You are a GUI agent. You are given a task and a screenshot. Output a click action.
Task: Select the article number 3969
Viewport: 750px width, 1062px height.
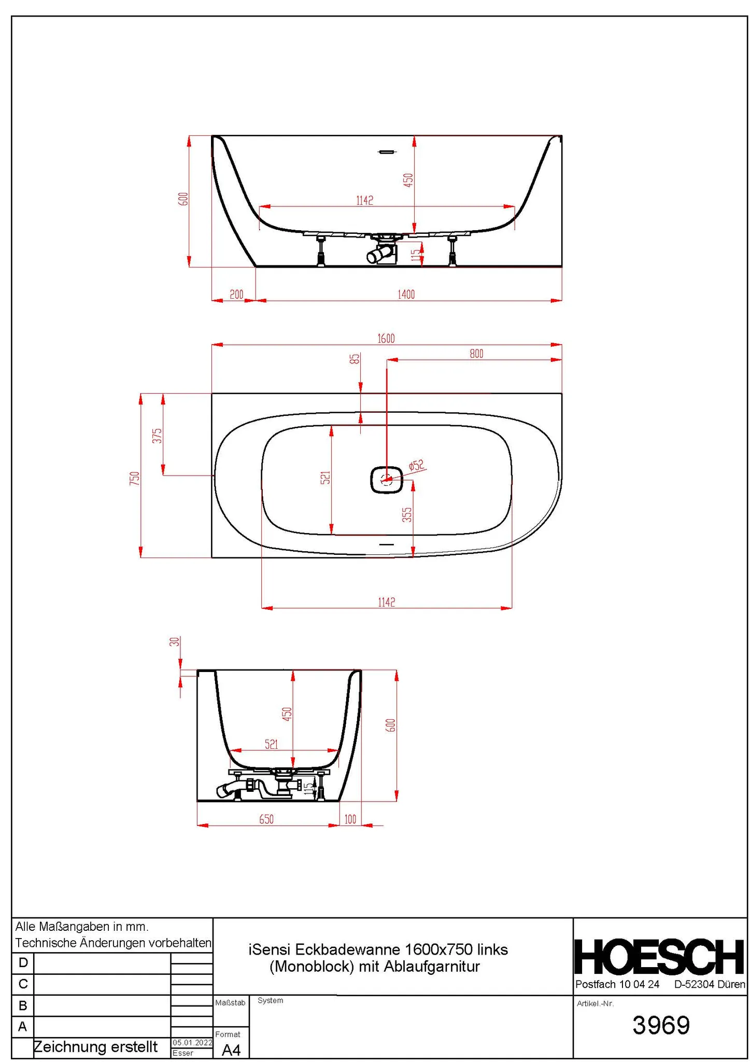click(x=661, y=1025)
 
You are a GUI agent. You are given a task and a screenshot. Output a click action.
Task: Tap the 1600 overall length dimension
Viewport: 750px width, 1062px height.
click(x=386, y=339)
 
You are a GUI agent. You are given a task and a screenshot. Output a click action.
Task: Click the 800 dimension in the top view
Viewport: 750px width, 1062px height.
click(x=476, y=354)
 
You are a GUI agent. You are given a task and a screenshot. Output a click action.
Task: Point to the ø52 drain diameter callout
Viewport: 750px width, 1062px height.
click(x=417, y=465)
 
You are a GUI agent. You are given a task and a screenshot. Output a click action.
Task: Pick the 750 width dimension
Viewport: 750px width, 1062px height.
click(x=135, y=478)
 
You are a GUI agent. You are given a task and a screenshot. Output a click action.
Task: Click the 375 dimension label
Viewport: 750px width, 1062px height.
click(x=157, y=436)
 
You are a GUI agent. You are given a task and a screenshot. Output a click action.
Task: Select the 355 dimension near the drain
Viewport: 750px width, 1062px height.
click(x=407, y=514)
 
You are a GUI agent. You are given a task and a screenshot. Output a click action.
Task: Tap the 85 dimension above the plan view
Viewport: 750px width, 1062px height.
click(x=355, y=359)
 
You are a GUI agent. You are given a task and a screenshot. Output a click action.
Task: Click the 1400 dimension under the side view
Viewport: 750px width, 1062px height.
click(x=406, y=295)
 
